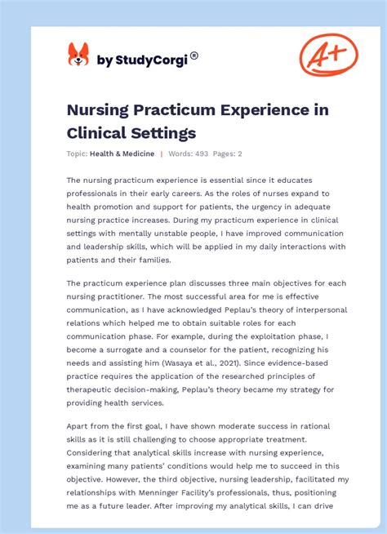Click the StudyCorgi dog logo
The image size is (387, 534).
tap(78, 56)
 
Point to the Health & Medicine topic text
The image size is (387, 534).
tap(122, 154)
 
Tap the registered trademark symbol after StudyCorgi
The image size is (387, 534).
tap(194, 56)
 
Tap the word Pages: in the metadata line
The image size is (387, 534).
tap(223, 154)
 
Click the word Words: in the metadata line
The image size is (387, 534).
tap(180, 154)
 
